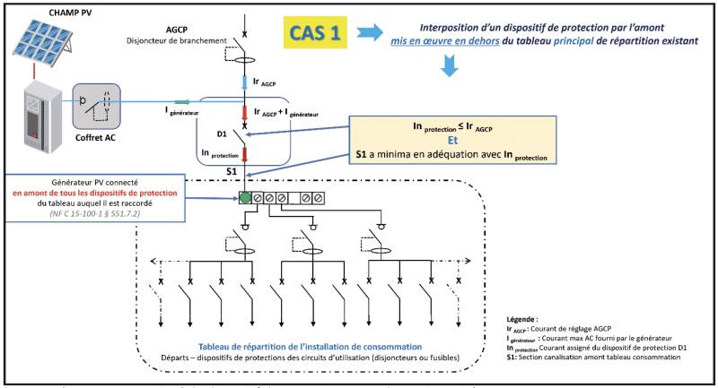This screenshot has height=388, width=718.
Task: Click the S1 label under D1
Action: coord(231,170)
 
